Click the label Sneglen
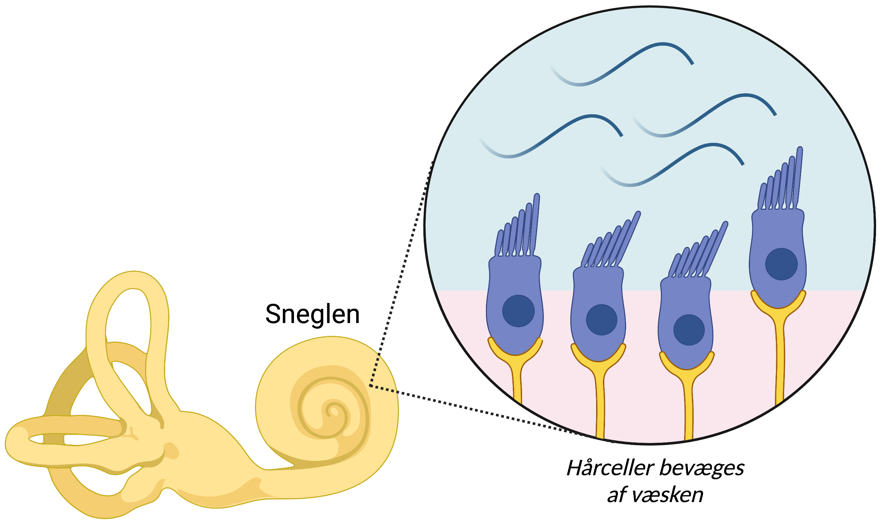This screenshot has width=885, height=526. (x=312, y=314)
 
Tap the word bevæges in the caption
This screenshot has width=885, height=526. (x=702, y=468)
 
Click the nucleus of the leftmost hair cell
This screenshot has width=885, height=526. (x=518, y=311)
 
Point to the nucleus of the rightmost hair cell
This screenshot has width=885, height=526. (x=781, y=264)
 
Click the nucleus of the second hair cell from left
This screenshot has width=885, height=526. (x=601, y=319)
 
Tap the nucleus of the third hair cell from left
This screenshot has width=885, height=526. (x=689, y=330)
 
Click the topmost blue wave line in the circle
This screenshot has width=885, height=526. (x=622, y=64)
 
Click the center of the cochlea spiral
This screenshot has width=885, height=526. (x=334, y=411)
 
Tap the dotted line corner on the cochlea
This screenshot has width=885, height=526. (x=370, y=385)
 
